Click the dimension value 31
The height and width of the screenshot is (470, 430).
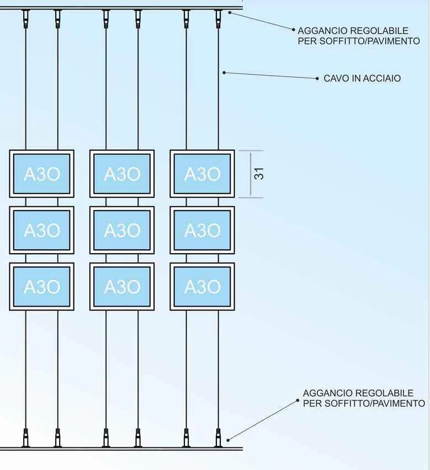pos(259,174)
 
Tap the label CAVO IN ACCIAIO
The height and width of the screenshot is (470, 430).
pos(362,78)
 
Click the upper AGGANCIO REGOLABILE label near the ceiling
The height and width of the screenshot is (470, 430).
pos(359,36)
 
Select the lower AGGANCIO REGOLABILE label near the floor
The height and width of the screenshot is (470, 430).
pos(364,398)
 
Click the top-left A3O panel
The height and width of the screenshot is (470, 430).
pos(42,174)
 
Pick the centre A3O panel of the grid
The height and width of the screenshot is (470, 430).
pos(122,230)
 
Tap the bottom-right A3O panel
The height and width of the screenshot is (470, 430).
pos(203,286)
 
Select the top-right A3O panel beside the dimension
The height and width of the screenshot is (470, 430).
pos(203,174)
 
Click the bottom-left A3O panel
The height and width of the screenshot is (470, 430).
pos(42,286)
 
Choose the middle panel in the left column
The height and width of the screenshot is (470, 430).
pos(42,230)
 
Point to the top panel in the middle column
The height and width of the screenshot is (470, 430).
pos(122,174)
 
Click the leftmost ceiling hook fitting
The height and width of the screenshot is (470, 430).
pos(26,19)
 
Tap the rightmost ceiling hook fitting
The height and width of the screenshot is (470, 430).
pos(218,19)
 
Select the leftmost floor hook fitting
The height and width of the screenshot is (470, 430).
pos(26,438)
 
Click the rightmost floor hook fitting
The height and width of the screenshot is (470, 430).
pos(218,438)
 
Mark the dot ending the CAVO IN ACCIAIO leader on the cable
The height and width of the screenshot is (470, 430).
pos(224,72)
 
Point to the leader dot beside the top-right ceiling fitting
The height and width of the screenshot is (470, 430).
pos(230,13)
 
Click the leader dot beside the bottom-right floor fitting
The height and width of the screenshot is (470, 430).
pos(228,440)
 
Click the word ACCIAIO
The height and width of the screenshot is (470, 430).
pos(381,78)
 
